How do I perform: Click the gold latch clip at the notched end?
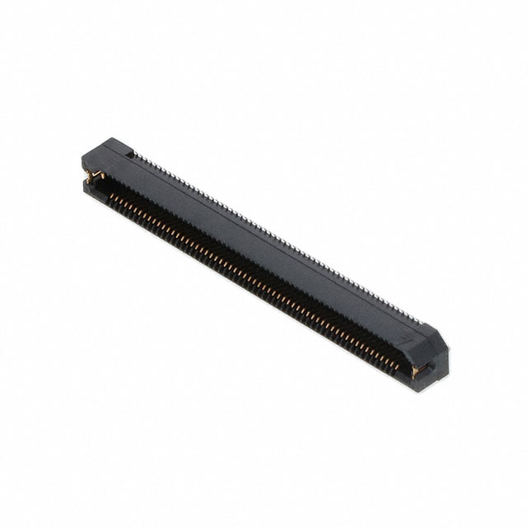pyautogui.click(x=92, y=175)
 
